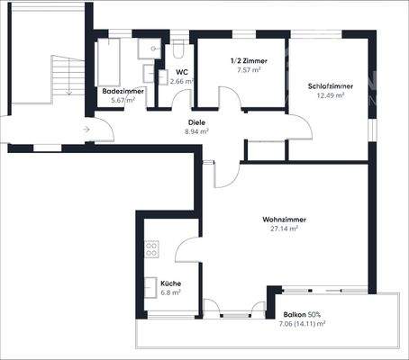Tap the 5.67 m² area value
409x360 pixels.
click(x=123, y=100)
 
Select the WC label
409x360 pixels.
click(x=181, y=72)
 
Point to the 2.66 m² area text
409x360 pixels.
click(x=181, y=81)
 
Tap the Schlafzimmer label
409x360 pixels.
click(x=330, y=85)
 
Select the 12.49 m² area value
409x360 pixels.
click(x=330, y=94)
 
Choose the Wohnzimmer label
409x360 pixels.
click(x=280, y=219)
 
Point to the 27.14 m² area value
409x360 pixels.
click(x=284, y=228)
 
